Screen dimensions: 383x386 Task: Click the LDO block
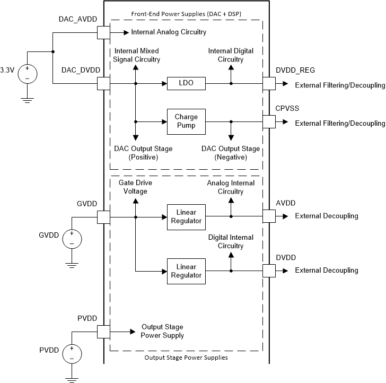[186, 84]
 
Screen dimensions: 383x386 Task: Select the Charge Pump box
[186, 122]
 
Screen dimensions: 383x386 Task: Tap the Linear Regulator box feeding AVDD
[186, 217]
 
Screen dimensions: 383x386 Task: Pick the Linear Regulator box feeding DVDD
[186, 271]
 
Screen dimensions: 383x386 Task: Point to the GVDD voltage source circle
[72, 239]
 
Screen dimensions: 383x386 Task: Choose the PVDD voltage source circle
[72, 354]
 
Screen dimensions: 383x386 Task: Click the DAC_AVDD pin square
[103, 33]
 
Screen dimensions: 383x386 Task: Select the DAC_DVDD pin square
[103, 84]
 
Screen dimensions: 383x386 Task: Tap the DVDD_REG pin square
[269, 84]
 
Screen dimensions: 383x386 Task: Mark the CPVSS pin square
[269, 122]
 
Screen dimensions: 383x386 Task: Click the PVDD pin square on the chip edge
[103, 332]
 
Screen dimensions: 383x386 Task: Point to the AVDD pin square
[269, 216]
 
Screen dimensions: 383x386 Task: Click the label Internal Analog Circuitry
[169, 32]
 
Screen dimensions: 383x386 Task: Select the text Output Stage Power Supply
[162, 332]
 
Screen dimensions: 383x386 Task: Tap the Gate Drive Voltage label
[129, 187]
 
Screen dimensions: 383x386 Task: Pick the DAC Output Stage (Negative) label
[231, 153]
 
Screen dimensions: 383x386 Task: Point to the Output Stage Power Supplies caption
[186, 358]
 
